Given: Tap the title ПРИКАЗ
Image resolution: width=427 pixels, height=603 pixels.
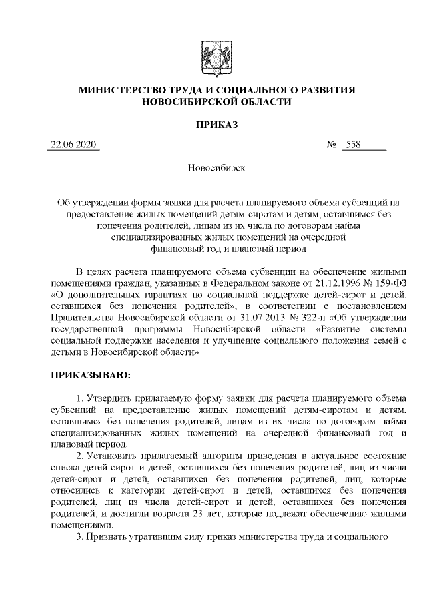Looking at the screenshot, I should (x=213, y=124).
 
